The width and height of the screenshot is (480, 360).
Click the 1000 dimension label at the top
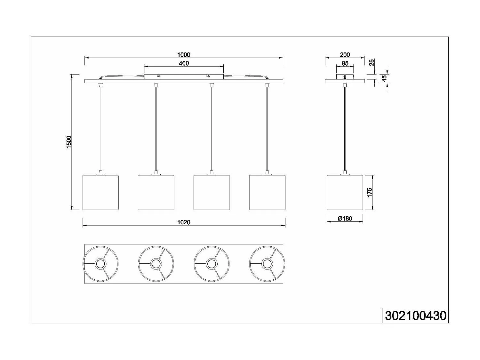tap(184, 55)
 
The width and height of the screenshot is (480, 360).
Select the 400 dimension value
tap(184, 63)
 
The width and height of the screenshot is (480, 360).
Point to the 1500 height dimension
tap(69, 142)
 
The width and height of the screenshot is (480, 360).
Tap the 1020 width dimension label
tap(184, 222)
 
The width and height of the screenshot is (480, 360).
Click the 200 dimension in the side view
tap(345, 55)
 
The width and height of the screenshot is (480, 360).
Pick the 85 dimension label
tap(345, 63)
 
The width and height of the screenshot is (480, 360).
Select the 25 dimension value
tap(372, 62)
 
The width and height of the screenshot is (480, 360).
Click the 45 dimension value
tap(384, 78)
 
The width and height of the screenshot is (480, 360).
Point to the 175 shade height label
tap(370, 192)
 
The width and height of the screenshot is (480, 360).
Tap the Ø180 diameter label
tap(345, 219)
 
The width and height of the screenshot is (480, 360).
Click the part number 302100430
tap(415, 316)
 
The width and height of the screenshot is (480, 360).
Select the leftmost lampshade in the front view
tap(100, 192)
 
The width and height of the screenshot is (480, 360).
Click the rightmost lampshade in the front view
tap(267, 192)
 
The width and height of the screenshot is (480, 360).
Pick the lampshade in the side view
tap(345, 192)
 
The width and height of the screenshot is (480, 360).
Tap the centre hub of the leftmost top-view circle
tap(100, 264)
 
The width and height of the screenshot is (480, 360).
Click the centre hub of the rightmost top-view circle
tap(267, 264)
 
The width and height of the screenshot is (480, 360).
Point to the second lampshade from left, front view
tap(156, 192)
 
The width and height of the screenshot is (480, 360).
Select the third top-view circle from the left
tap(212, 264)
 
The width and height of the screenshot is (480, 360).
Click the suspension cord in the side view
tap(345, 128)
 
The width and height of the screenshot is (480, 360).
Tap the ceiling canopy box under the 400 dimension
tap(184, 77)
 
